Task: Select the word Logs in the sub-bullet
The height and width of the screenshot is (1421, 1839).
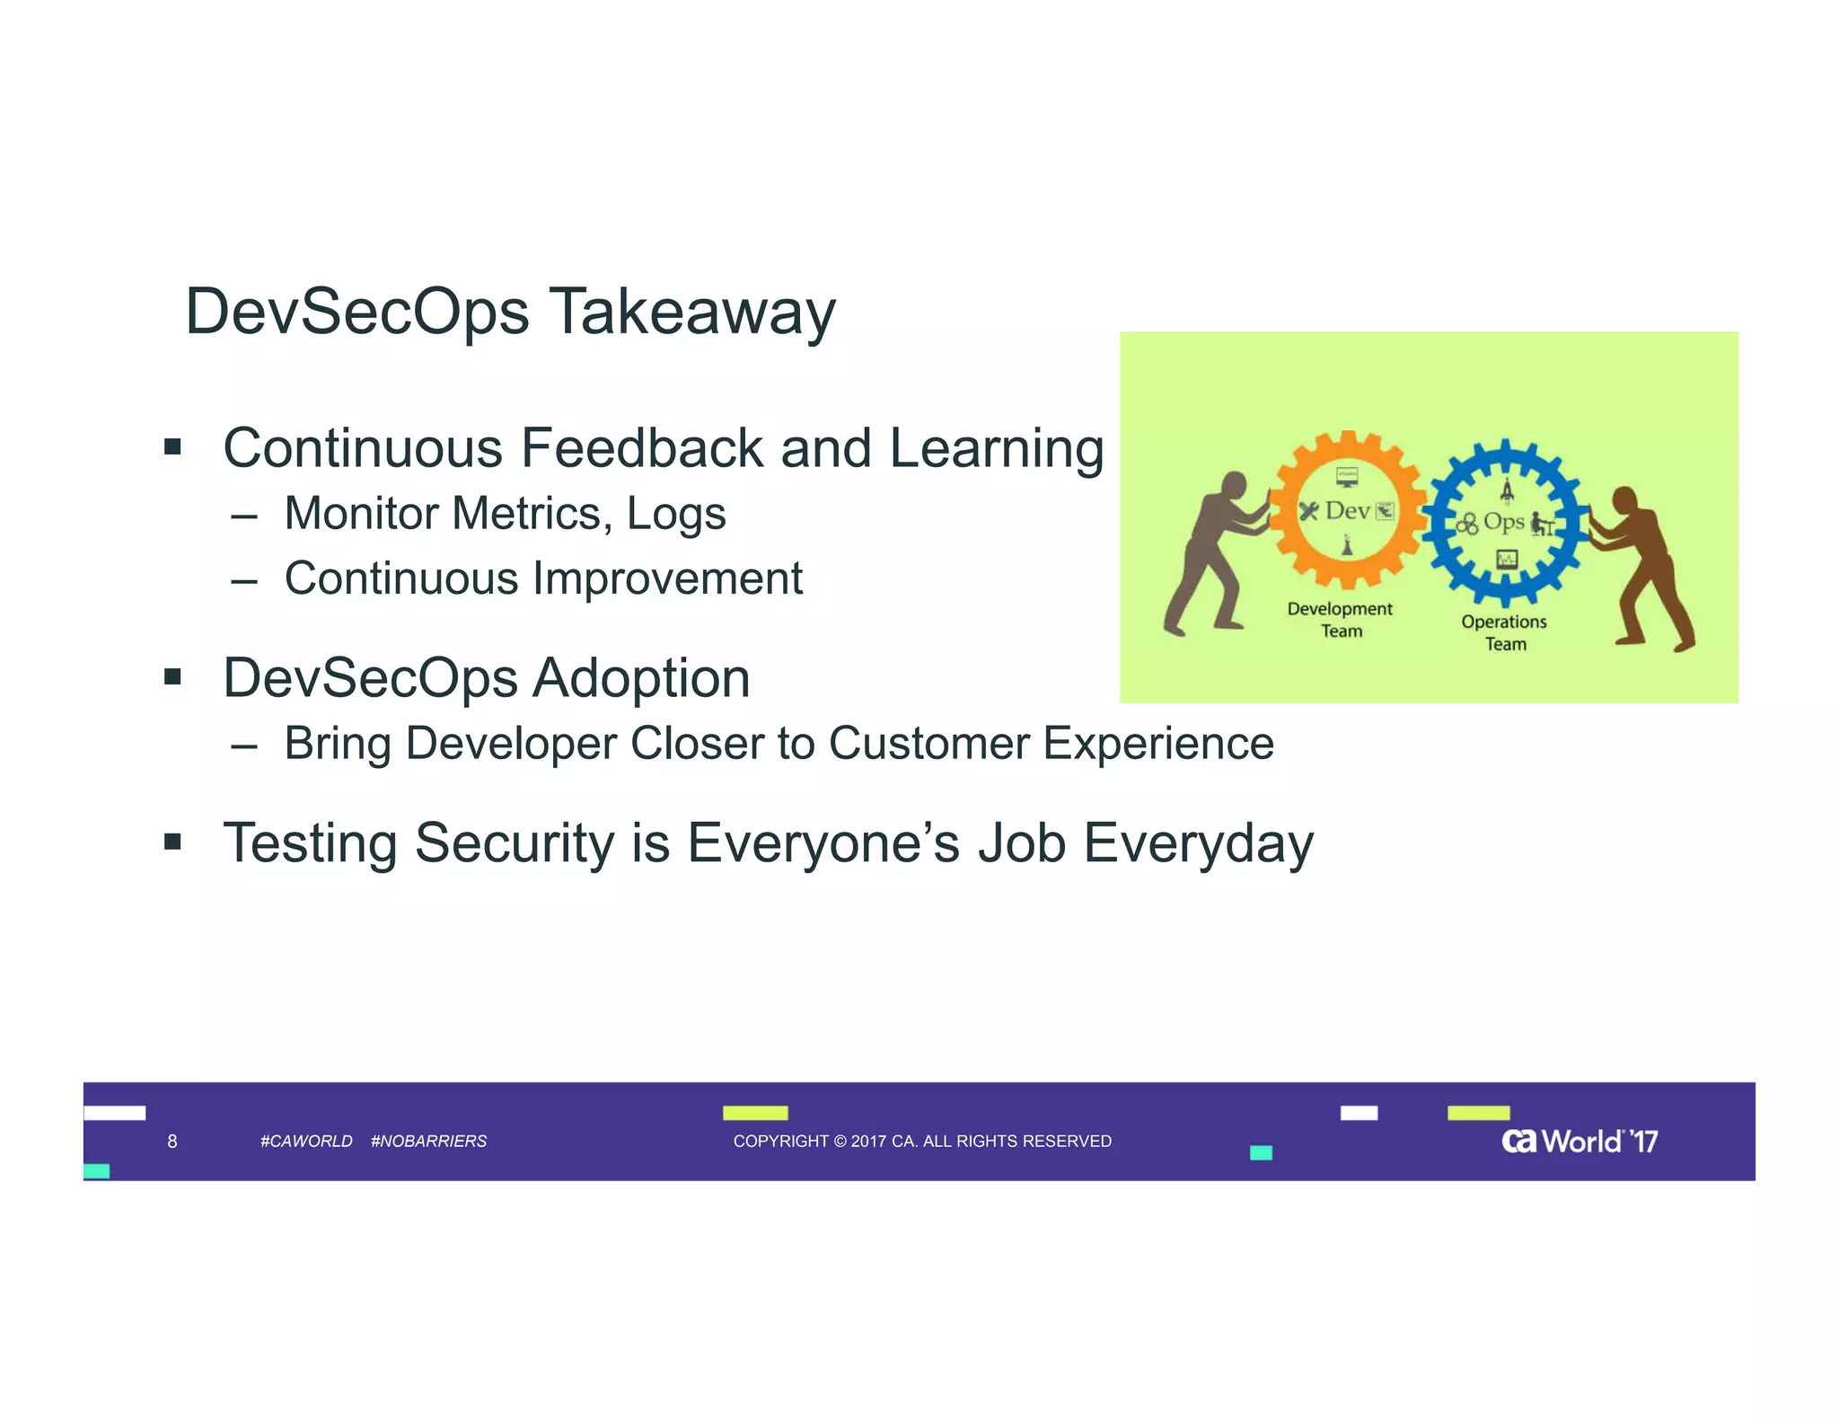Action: click(x=675, y=514)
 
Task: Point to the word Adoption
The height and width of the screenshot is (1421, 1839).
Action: click(x=641, y=678)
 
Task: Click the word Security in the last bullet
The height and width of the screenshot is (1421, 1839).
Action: click(x=515, y=843)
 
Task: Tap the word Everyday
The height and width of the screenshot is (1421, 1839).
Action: click(x=1199, y=843)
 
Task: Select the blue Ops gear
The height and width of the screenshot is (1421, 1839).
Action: click(x=1505, y=523)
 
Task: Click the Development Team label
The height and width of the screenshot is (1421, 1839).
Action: click(x=1340, y=620)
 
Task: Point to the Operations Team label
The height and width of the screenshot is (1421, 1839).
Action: click(x=1504, y=632)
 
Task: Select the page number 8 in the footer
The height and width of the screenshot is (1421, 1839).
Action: click(x=172, y=1142)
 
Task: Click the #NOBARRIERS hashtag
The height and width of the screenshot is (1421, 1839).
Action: click(x=428, y=1142)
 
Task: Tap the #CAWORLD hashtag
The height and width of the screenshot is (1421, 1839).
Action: click(x=305, y=1142)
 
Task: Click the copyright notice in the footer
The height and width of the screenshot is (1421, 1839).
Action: click(x=922, y=1142)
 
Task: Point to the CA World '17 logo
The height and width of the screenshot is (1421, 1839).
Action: click(x=1579, y=1142)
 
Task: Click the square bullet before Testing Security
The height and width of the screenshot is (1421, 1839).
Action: click(x=173, y=843)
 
